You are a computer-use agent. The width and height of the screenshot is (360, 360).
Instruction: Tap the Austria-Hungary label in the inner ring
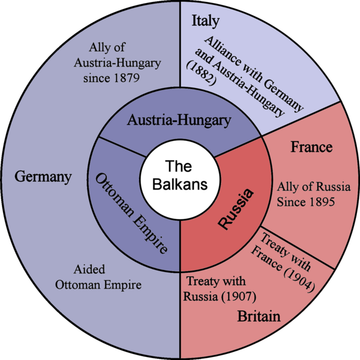pos(179,121)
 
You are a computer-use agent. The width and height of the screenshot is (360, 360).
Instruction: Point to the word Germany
pos(43,177)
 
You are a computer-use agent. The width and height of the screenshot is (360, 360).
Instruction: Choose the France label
pos(311,147)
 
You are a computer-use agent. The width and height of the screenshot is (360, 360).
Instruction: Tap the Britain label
pos(259,316)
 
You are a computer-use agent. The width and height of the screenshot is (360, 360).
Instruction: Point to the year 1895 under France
pos(319,202)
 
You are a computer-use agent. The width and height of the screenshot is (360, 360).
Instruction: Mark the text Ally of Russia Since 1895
pos(305,195)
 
